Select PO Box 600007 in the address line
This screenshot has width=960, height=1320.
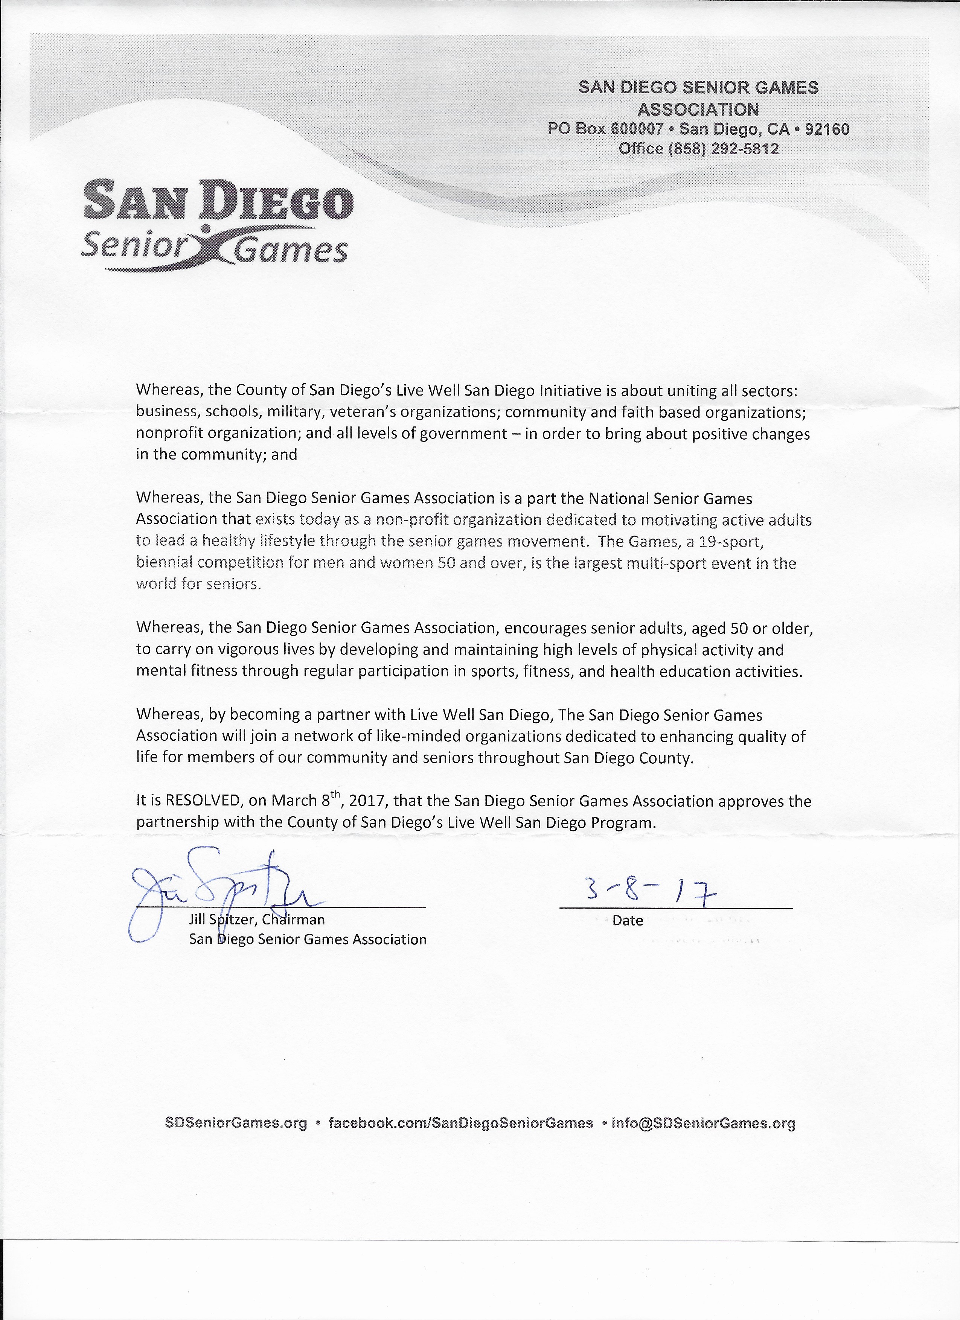click(605, 129)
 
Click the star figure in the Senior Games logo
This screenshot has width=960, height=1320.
click(207, 244)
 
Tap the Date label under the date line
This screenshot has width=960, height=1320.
click(628, 921)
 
